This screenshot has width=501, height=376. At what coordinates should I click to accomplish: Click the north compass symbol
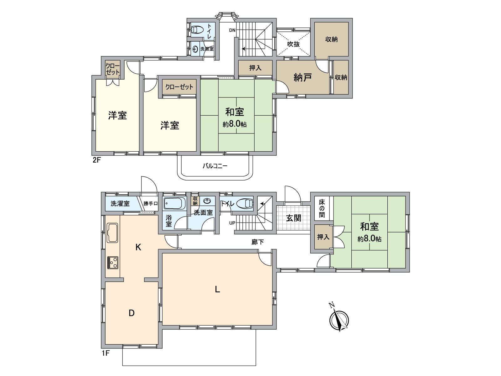point(339,320)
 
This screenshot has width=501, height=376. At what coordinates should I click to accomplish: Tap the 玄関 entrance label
point(293,218)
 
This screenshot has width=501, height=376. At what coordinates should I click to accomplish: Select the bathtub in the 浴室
point(174,203)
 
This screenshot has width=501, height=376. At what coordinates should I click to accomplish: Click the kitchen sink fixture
point(112,233)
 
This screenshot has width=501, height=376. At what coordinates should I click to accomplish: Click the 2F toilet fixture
point(197,30)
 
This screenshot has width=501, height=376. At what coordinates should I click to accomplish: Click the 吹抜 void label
point(293,44)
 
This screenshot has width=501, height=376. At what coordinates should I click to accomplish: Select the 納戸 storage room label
point(302,77)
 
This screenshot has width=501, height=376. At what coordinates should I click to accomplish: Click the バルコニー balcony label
point(215,166)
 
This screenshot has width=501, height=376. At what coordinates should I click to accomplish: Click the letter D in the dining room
point(132,313)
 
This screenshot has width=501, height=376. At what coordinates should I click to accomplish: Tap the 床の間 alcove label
point(322,208)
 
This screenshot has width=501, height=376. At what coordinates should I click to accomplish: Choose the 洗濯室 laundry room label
point(120,204)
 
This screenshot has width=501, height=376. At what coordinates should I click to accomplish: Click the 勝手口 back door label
point(150,204)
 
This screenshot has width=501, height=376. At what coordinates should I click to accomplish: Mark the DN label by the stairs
point(232,30)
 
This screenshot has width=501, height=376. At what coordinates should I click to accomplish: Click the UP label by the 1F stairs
point(232,223)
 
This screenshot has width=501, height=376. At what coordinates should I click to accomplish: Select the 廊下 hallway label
point(257,242)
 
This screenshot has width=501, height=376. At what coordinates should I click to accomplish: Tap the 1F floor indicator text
point(105,353)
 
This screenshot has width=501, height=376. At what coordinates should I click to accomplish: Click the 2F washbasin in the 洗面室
point(195,49)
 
